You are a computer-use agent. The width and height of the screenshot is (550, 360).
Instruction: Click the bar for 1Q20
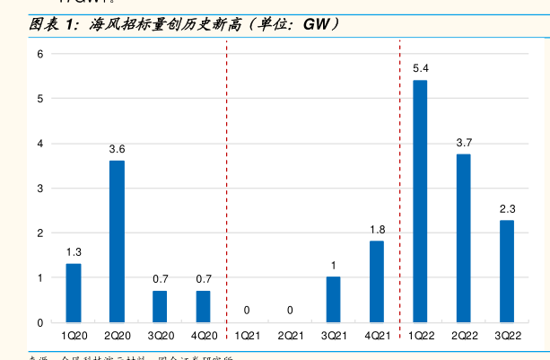[x=74, y=293]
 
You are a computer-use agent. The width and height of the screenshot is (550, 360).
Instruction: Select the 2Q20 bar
[x=117, y=241]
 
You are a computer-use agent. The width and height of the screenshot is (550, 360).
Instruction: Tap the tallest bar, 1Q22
[x=420, y=201]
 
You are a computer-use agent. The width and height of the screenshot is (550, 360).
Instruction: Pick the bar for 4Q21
[x=377, y=281]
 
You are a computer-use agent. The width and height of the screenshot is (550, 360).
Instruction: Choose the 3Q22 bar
[x=507, y=271]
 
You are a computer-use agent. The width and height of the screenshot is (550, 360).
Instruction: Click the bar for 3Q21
[x=333, y=299]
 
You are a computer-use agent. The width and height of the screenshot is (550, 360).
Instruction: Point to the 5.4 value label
[x=420, y=68]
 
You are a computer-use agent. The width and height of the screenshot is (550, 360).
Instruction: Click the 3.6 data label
[x=117, y=149]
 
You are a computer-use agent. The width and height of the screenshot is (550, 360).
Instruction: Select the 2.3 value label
[x=507, y=208]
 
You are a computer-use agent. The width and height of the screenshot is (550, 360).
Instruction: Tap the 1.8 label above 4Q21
[x=377, y=230]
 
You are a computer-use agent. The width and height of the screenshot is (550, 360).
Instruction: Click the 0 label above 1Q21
[x=247, y=311]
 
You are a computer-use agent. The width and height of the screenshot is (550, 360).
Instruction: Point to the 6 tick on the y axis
[x=39, y=54]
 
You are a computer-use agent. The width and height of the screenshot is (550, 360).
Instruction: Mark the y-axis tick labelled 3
[x=39, y=188]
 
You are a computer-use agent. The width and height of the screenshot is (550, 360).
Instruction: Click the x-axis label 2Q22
[x=464, y=336]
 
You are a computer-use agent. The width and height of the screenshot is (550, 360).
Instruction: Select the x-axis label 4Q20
[x=204, y=336]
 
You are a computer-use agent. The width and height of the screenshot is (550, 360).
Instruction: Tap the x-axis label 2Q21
[x=290, y=336]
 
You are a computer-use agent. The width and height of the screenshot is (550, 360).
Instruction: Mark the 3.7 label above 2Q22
[x=464, y=143]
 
